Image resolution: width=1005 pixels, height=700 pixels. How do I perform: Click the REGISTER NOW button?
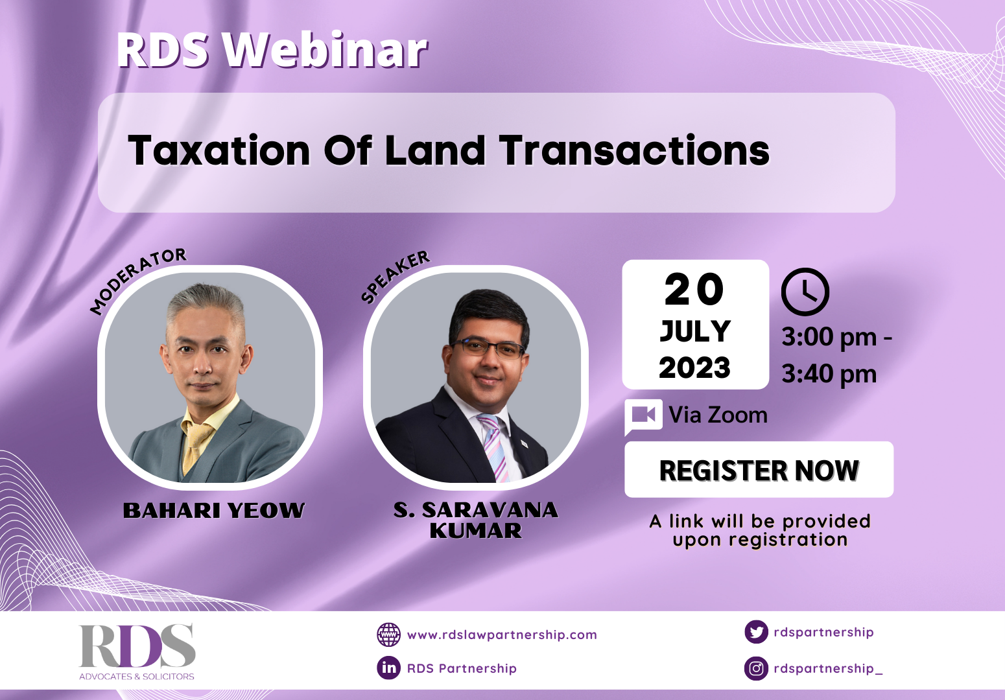click(759, 471)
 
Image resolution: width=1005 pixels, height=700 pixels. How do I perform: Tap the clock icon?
click(805, 292)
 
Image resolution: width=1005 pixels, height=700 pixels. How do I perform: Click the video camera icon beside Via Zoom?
click(643, 415)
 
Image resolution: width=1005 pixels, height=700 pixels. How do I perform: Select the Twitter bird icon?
click(756, 632)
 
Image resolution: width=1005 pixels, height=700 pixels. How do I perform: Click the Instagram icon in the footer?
click(756, 668)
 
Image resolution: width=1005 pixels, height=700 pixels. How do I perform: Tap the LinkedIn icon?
click(389, 668)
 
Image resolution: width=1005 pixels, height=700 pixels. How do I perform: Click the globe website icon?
click(389, 635)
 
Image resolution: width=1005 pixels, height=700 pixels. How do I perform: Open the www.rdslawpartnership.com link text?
click(502, 635)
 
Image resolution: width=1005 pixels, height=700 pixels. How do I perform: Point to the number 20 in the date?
click(694, 290)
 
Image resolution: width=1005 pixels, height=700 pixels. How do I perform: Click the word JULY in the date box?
click(695, 331)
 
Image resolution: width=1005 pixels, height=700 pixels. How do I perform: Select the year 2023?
click(695, 368)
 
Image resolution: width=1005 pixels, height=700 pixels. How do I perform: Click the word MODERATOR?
click(137, 280)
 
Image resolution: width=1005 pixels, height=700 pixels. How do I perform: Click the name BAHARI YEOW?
click(214, 511)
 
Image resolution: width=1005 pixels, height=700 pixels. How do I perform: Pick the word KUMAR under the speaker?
click(475, 531)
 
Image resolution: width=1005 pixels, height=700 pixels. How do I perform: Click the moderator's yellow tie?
click(195, 444)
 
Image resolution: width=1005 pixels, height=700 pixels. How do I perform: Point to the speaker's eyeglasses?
click(490, 348)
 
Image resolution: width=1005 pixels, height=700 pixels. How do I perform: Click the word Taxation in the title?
click(219, 151)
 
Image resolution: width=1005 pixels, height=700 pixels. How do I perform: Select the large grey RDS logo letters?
click(137, 646)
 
